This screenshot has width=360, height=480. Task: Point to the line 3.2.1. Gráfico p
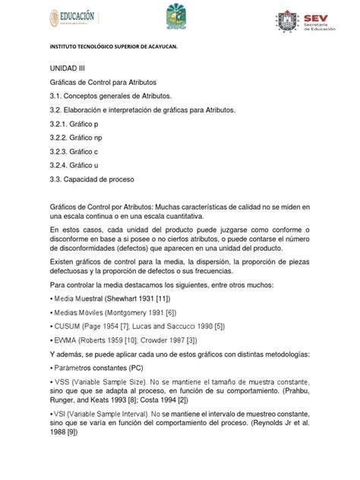tap(74, 125)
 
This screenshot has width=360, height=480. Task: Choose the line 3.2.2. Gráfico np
tap(77, 139)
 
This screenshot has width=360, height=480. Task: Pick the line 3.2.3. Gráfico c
tap(74, 153)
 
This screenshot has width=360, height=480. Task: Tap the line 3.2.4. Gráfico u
tap(74, 166)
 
